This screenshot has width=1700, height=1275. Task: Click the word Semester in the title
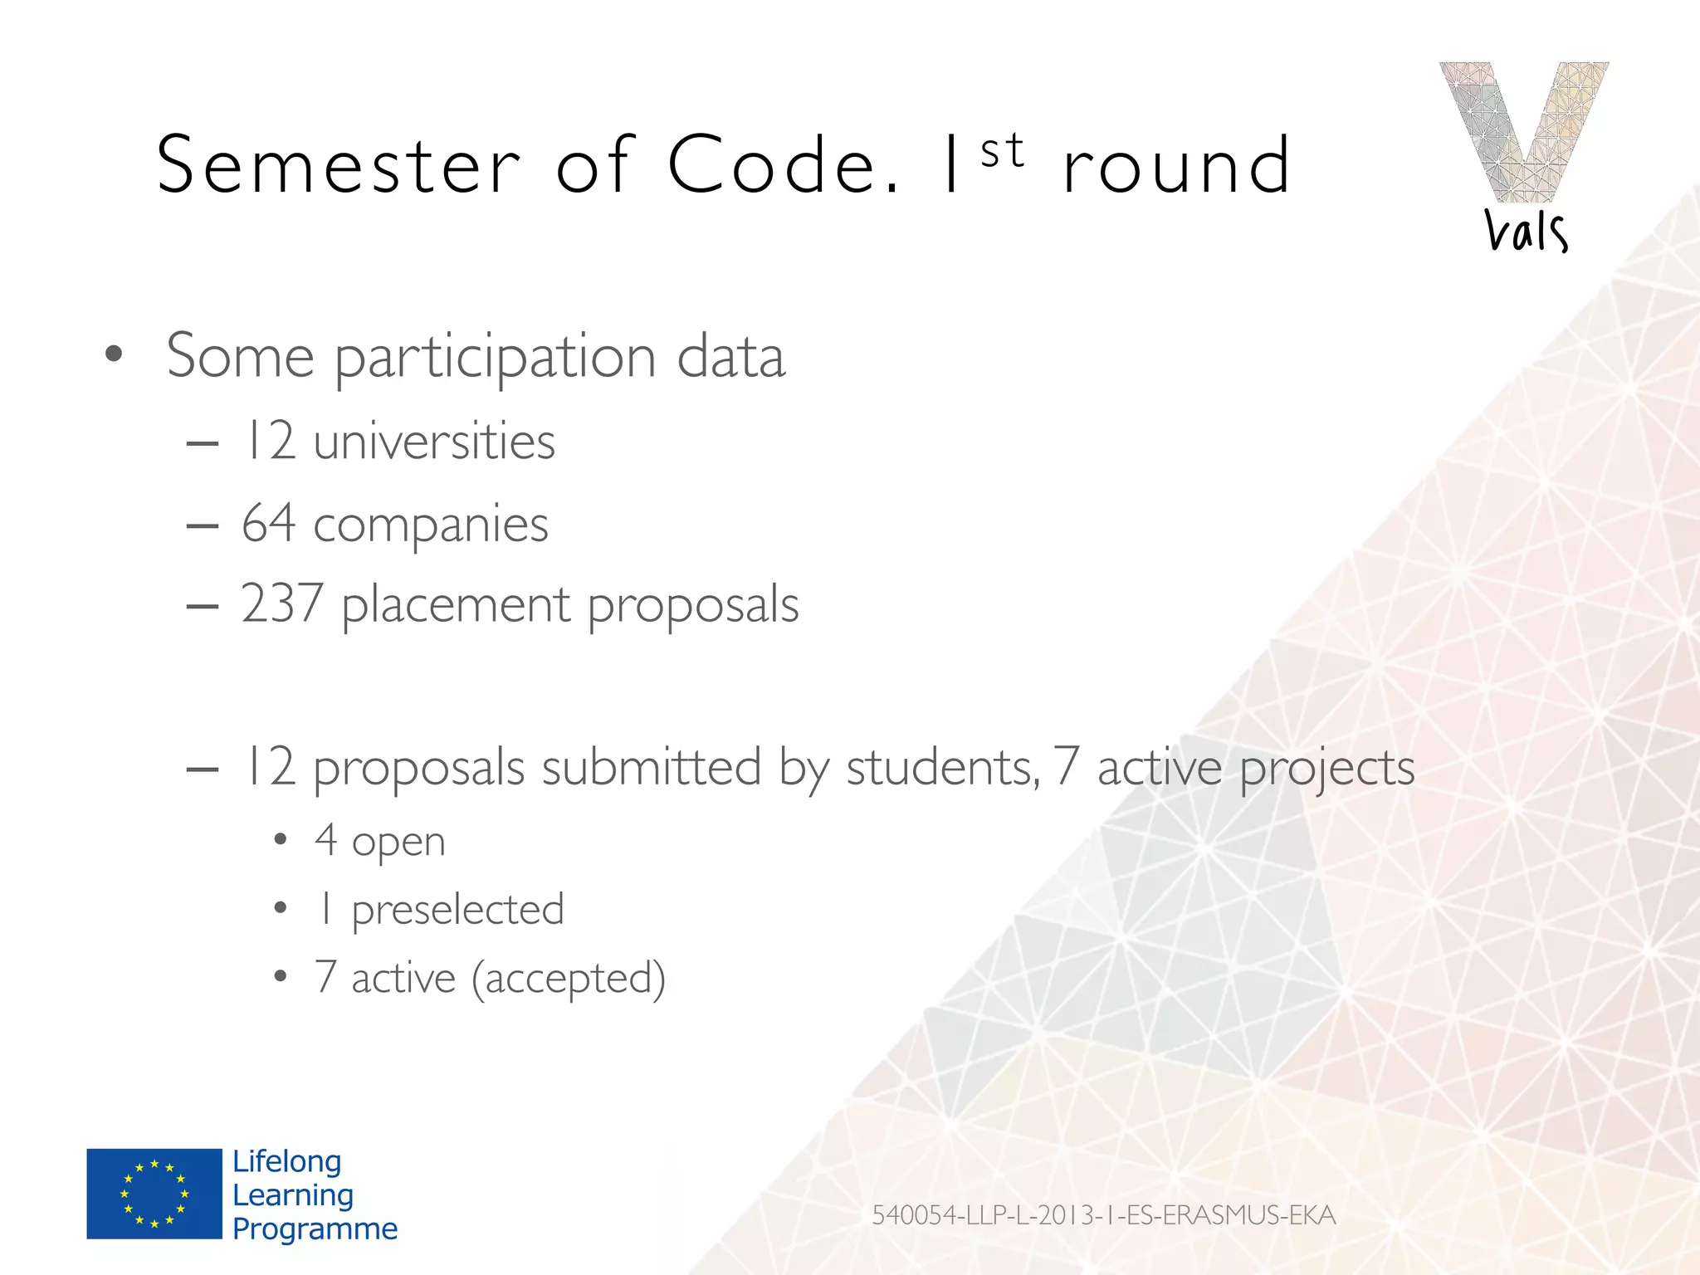coord(339,166)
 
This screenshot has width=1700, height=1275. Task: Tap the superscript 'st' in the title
coord(1002,151)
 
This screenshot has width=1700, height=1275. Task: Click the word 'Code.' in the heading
coord(783,166)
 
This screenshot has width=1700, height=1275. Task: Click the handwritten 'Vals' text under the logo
coord(1526,230)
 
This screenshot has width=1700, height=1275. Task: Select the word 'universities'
coord(433,441)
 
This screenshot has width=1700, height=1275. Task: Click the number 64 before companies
coord(268,524)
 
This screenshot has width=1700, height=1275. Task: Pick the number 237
coord(281,603)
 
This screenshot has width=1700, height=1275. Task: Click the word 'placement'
coord(456,605)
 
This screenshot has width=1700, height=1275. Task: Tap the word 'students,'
coord(942,768)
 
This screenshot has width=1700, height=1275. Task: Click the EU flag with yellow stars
coord(154,1194)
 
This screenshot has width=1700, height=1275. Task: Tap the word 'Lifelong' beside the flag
coord(286,1161)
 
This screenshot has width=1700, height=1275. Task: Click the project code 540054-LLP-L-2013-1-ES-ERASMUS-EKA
coord(1103,1215)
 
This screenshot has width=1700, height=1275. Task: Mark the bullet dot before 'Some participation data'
coord(114,354)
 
